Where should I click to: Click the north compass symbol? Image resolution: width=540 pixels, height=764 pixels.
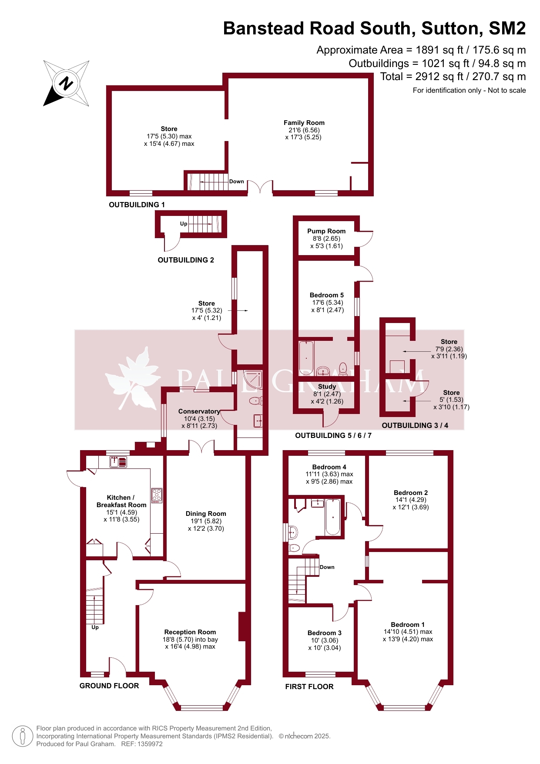click(66, 83)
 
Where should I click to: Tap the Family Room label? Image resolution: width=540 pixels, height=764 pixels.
click(304, 123)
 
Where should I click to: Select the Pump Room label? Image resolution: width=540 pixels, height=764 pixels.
click(326, 231)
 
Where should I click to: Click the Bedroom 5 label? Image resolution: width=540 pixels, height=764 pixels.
click(327, 295)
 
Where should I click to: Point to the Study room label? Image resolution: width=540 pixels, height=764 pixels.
click(327, 387)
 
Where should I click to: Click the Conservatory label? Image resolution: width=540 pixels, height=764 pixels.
click(199, 411)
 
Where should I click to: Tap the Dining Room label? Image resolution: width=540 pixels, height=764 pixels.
click(206, 514)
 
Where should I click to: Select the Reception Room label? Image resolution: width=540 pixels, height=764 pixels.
click(190, 632)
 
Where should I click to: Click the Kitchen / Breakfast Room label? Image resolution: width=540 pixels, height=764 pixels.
click(121, 501)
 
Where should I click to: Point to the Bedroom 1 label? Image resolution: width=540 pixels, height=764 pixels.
click(408, 625)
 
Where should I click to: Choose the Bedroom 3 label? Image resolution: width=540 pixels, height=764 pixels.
click(325, 633)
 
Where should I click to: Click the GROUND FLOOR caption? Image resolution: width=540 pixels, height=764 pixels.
click(109, 686)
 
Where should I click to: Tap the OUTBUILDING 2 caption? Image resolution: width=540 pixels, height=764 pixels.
click(186, 260)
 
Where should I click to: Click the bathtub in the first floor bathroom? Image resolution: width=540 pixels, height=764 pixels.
click(333, 517)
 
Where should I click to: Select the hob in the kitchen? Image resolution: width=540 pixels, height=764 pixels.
click(157, 495)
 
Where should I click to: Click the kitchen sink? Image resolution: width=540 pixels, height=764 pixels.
click(118, 461)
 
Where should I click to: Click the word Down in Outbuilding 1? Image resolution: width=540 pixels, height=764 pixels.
click(237, 182)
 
